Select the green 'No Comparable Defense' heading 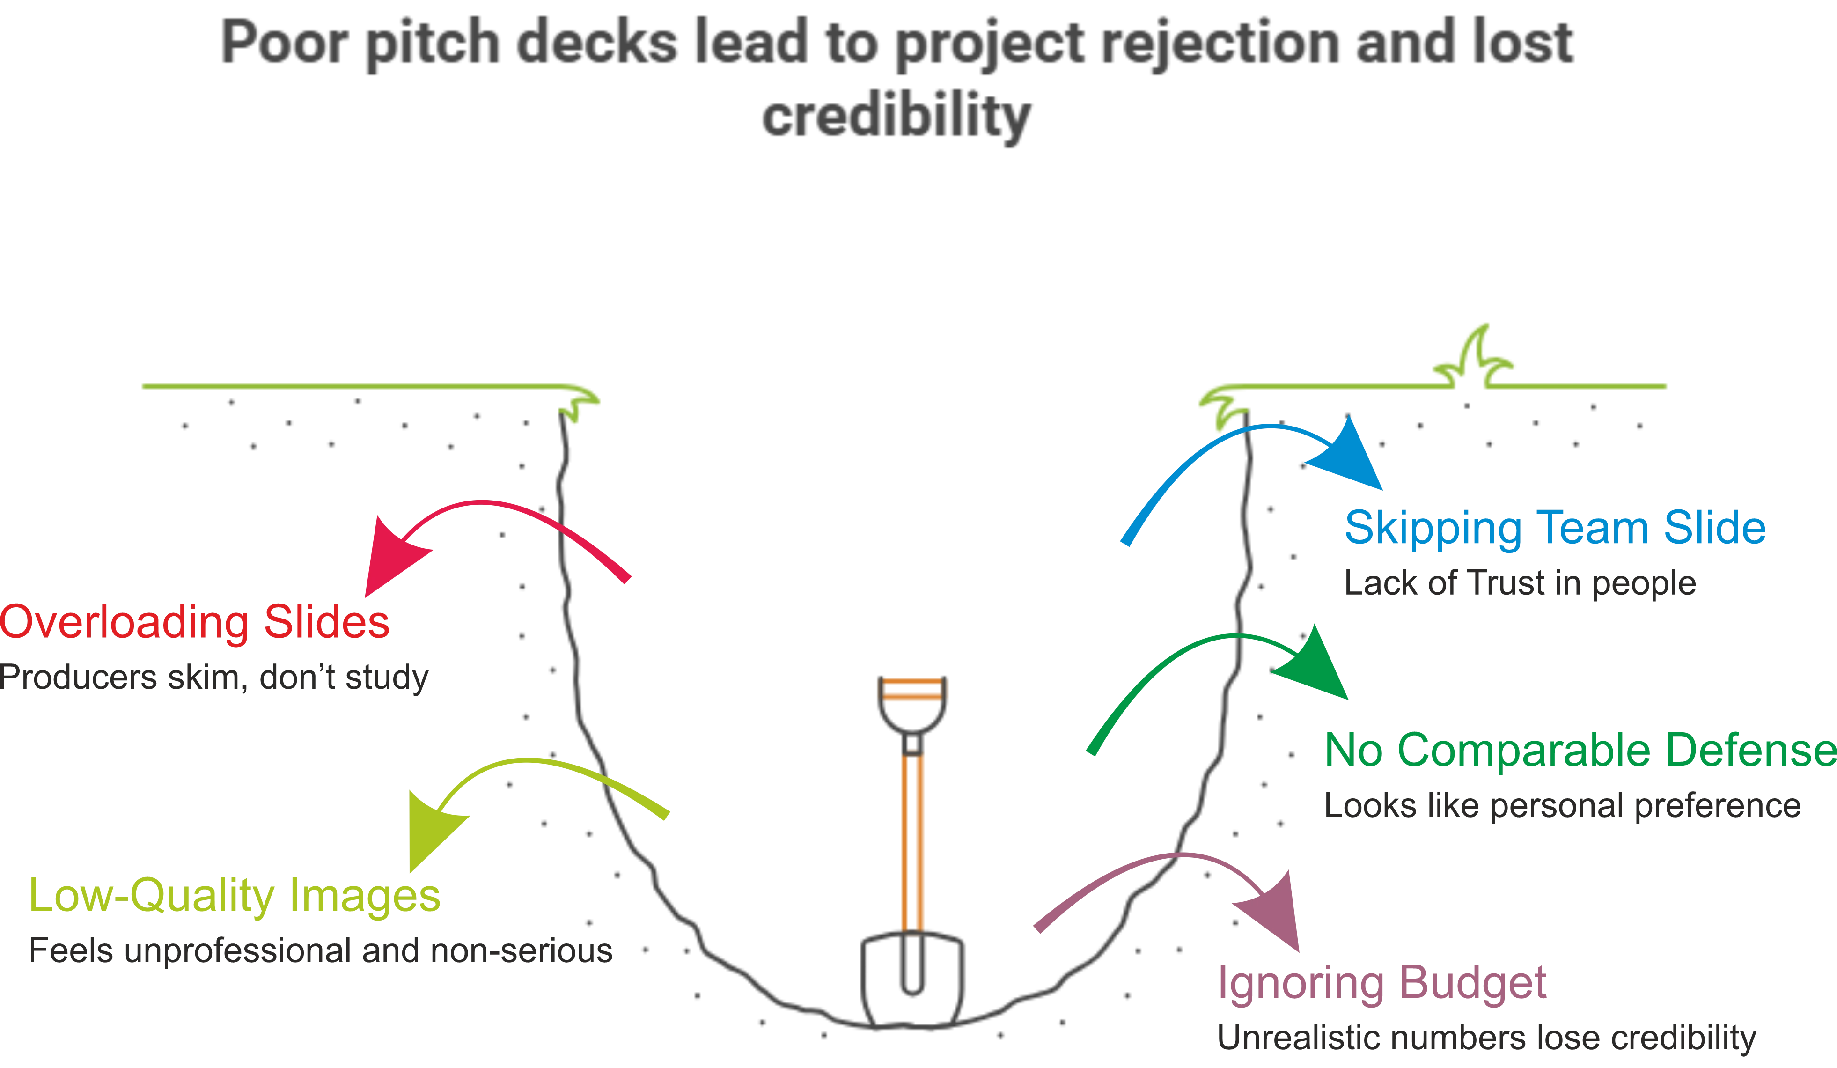(1580, 750)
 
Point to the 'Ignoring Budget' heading (1382, 983)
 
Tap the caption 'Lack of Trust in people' (1520, 583)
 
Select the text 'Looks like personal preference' (1562, 805)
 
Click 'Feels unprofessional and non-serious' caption (321, 950)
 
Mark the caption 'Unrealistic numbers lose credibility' (1486, 1038)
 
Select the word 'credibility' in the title (896, 117)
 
